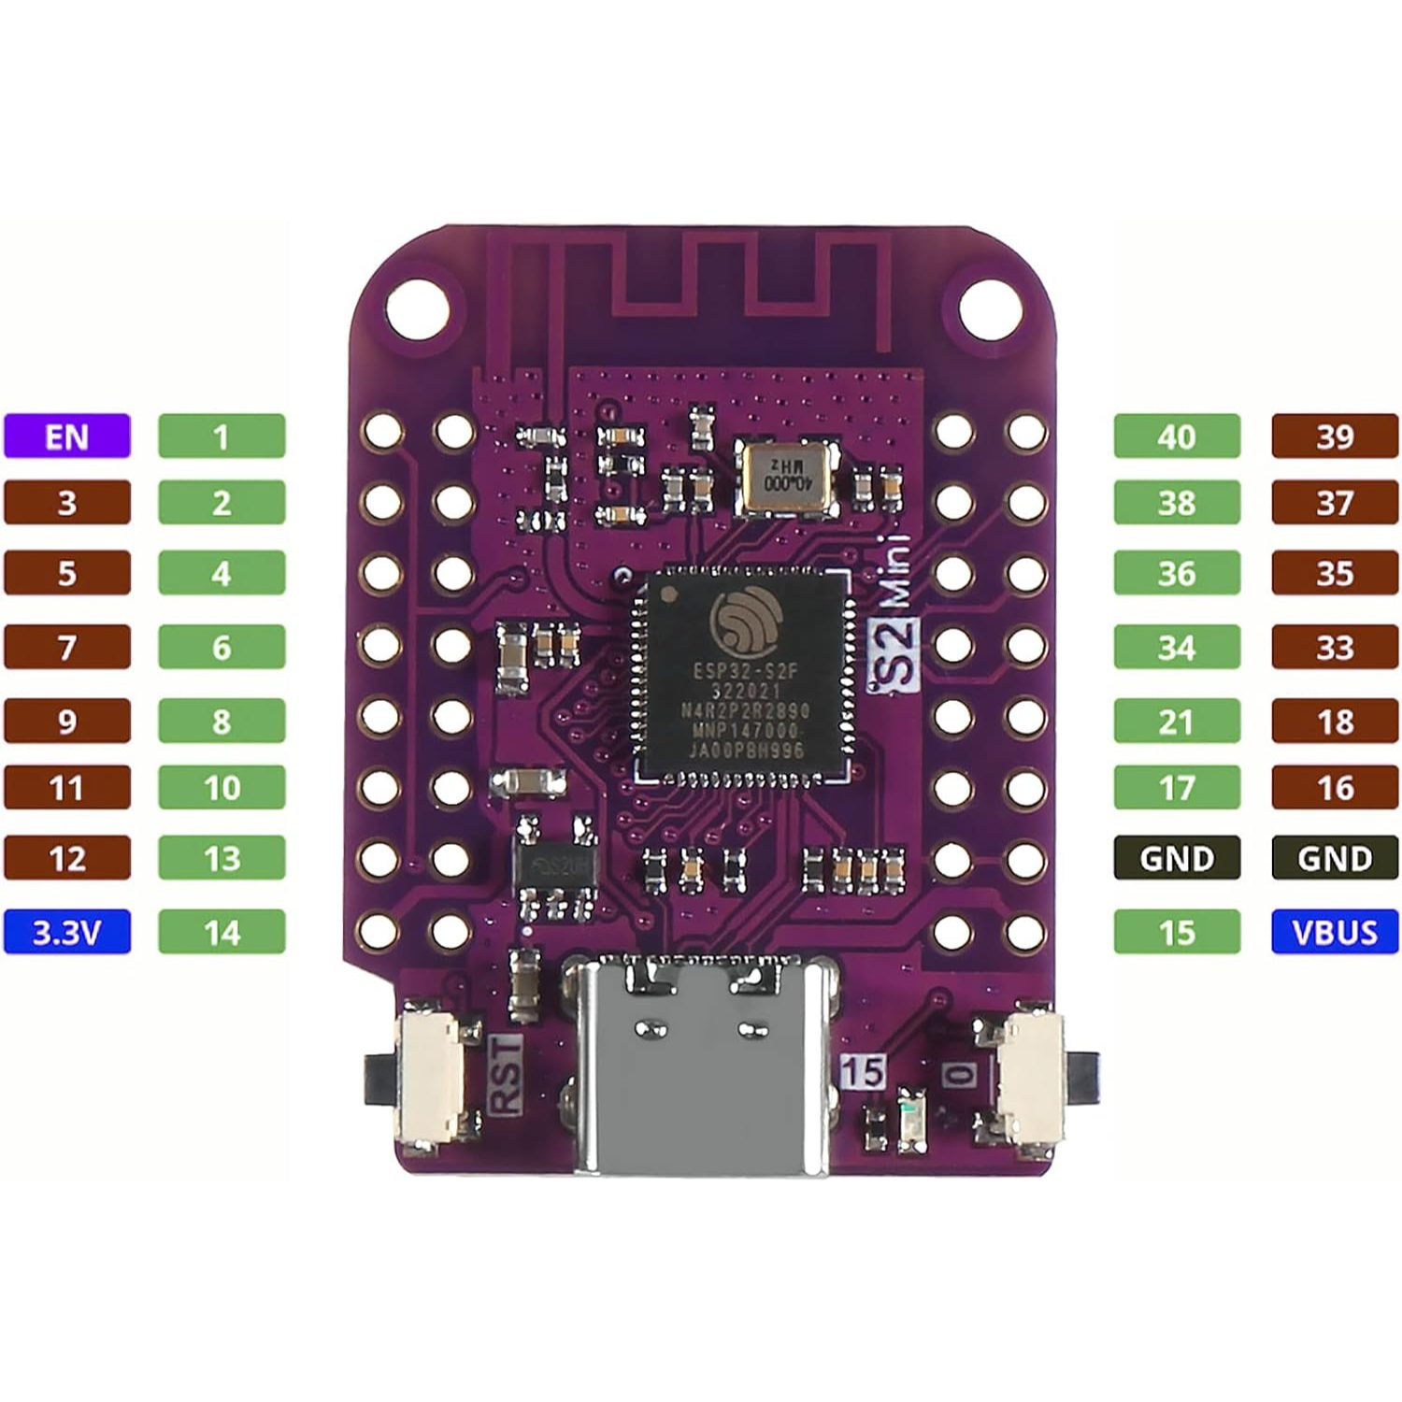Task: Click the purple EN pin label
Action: tap(66, 436)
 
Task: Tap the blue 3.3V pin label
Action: tap(66, 932)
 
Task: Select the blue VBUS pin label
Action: tap(1335, 932)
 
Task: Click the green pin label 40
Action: tap(1177, 436)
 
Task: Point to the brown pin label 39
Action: tap(1335, 436)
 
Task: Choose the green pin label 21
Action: tap(1177, 722)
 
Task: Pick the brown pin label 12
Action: tap(66, 858)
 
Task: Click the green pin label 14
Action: tap(222, 932)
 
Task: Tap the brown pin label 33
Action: tap(1335, 647)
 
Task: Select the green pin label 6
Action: tap(222, 647)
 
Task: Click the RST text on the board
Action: tap(505, 1075)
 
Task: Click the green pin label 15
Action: tap(1177, 932)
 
